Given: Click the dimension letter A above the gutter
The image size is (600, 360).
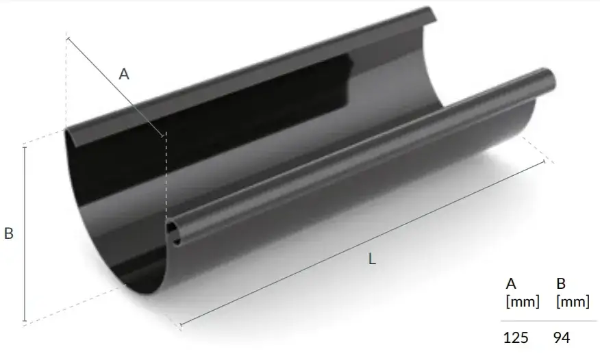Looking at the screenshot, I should point(124,75).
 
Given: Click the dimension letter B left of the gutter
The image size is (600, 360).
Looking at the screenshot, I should point(9,233).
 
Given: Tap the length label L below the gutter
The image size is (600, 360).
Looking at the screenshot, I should point(372,259).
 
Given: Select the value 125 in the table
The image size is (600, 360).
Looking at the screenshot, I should point(516,337).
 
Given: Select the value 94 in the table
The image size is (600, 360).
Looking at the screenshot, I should point(561,337).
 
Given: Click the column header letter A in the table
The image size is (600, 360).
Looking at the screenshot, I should point(510,283).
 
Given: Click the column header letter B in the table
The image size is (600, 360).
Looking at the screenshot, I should point(560,283).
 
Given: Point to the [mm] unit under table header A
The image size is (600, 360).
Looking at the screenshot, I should point(522,301).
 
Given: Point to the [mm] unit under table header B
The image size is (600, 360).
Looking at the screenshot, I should point(573,301).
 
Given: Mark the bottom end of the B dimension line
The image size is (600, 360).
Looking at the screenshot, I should point(25,320).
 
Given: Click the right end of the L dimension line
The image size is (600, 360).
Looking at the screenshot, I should point(545,162).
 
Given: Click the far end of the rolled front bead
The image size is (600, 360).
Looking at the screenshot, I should point(548,74).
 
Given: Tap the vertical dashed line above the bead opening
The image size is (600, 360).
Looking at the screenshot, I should point(166,178).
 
